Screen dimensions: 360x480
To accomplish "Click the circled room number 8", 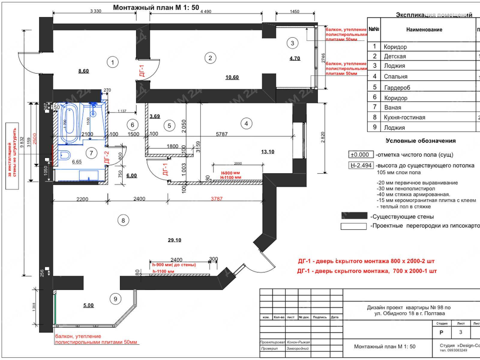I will coord(123,220).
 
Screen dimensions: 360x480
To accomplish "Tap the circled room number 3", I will coord(292,43).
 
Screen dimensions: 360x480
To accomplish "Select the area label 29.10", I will coord(174,240).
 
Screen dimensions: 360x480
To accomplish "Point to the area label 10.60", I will coord(232,77).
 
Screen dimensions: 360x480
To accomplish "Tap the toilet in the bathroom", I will coord(64,155).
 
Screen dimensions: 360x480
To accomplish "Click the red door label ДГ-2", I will coord(107,157).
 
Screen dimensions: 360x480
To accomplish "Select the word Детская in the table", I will coord(395,56).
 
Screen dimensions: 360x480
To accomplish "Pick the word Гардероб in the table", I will coord(397,88).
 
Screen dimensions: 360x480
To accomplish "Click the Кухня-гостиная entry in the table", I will coord(404,117).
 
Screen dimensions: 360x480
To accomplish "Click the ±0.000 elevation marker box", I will coord(361,155).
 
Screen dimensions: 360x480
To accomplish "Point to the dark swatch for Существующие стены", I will coord(354,216).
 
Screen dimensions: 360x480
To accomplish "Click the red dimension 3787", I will coord(217,199).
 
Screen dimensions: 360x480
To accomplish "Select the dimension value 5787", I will coord(222,134).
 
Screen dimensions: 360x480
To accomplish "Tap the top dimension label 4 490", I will coord(205,11).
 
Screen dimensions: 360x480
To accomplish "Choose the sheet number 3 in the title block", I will coord(460,332).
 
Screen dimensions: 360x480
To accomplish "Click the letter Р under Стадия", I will coord(441,332).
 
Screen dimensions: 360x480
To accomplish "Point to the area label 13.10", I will coord(267,152).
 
